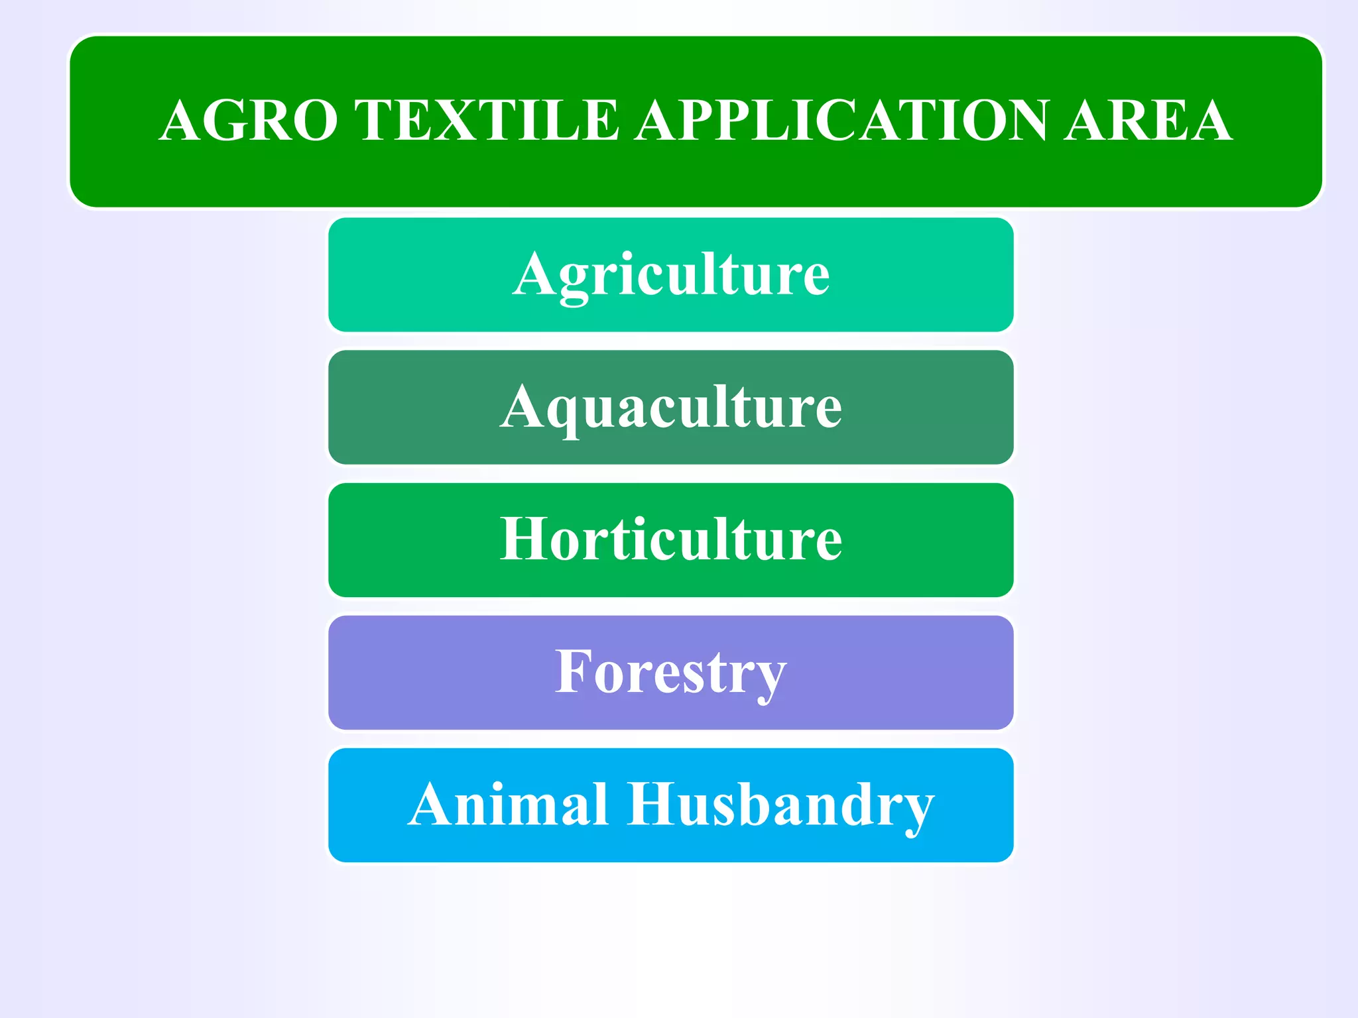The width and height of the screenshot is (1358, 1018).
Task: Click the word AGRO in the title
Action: pos(249,121)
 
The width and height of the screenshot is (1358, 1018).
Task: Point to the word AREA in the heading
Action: pos(1148,121)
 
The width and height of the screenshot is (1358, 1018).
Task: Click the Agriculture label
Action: pos(671,275)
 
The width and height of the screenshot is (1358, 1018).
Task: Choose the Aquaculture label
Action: pos(671,408)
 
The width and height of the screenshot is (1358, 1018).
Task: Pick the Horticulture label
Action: pos(671,539)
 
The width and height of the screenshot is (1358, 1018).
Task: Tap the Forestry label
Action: pos(671,673)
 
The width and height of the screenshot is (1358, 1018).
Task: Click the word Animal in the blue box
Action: pos(508,805)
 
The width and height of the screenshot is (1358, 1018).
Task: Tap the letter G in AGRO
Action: pos(226,121)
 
